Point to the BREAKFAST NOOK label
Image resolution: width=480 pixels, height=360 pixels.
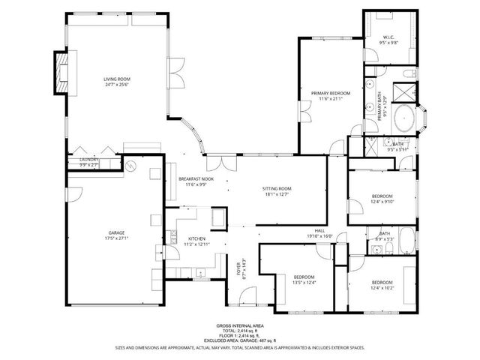pyautogui.click(x=196, y=179)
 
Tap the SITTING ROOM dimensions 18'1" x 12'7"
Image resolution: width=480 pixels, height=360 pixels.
pyautogui.click(x=277, y=194)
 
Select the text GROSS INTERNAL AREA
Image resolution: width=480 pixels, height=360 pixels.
pyautogui.click(x=239, y=325)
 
